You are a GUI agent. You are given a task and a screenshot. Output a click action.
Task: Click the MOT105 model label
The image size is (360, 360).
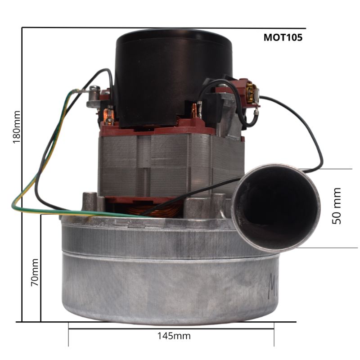(x=283, y=37)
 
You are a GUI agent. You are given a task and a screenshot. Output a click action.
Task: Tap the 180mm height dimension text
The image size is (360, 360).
(x=17, y=127)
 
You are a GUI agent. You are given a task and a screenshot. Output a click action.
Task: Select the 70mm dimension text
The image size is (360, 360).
(x=35, y=272)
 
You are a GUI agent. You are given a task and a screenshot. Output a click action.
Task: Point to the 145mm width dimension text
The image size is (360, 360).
(x=174, y=336)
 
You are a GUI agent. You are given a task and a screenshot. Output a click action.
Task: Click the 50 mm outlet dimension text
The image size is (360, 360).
(x=337, y=206)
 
